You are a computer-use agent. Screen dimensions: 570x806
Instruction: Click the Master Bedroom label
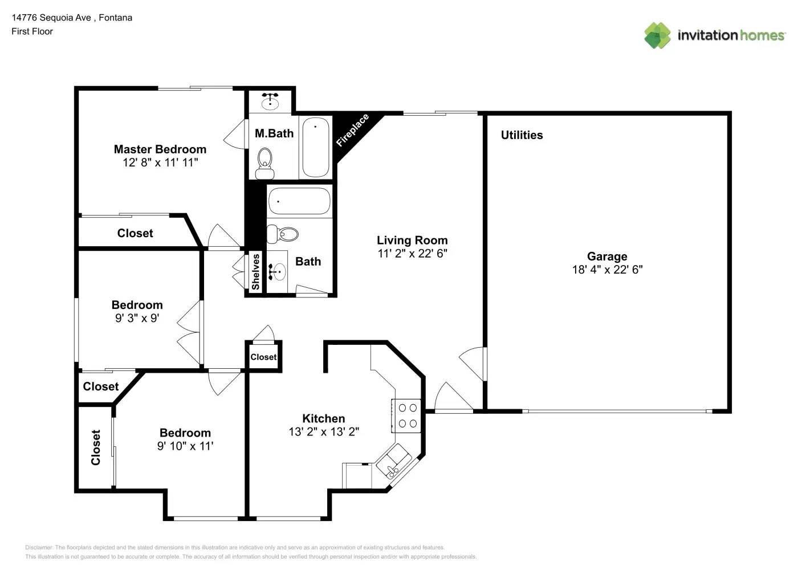coord(160,149)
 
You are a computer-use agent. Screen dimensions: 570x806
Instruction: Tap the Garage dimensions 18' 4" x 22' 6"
coord(607,270)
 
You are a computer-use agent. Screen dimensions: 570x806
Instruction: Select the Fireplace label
coord(352,131)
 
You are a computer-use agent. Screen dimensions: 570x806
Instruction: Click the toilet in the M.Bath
coord(264,163)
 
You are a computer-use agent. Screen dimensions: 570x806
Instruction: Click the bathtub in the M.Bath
coord(315,148)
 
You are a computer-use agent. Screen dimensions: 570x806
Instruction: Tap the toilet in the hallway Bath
coord(283,234)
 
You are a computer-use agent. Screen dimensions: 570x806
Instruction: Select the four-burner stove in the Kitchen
coord(407,416)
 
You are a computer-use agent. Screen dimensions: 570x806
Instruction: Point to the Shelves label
coord(256,272)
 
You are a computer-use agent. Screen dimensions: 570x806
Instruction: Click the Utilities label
coord(522,135)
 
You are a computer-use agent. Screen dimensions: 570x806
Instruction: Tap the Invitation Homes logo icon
coord(657,35)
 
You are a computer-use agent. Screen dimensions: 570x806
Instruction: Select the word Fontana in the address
coord(116,18)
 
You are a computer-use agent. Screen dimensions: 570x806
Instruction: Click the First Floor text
coord(32,31)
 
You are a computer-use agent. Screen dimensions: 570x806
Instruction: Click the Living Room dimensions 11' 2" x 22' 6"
coord(412,254)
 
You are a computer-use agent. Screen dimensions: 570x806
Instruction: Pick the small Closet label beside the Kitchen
coord(263,357)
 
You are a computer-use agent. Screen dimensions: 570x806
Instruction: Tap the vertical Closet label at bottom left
coord(96,447)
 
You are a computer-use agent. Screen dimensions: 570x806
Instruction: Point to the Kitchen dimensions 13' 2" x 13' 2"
coord(323,431)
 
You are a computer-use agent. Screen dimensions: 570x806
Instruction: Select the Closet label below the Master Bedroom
coord(135,233)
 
